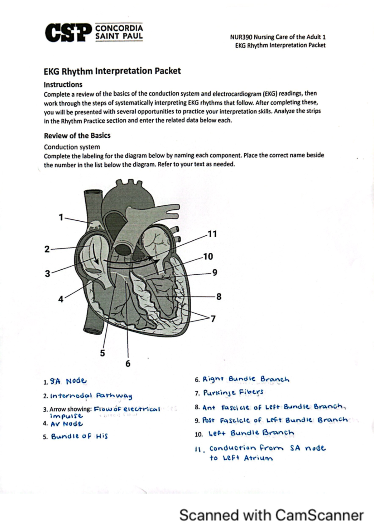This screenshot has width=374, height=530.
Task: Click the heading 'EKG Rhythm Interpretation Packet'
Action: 112,71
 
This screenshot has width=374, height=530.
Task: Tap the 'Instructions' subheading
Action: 63,85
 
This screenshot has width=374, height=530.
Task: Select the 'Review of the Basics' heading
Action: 77,135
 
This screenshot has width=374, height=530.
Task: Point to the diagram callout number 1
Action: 61,217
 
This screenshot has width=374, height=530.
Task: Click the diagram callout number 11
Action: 212,234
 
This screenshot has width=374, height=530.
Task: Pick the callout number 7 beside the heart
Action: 213,319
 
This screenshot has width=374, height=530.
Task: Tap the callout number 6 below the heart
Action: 128,364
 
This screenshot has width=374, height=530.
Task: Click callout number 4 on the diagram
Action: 61,299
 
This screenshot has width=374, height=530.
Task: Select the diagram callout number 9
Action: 215,272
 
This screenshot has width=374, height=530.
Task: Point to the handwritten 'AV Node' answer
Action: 67,424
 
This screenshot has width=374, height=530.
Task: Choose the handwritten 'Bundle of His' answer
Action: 79,436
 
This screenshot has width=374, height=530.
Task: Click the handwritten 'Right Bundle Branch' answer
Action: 246,379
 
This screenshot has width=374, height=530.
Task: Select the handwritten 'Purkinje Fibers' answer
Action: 233,392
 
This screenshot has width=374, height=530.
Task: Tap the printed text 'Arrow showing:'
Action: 70,409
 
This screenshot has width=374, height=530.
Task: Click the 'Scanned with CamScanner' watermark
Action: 271,515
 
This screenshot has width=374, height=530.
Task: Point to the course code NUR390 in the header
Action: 241,37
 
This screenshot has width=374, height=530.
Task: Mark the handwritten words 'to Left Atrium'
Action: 241,458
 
